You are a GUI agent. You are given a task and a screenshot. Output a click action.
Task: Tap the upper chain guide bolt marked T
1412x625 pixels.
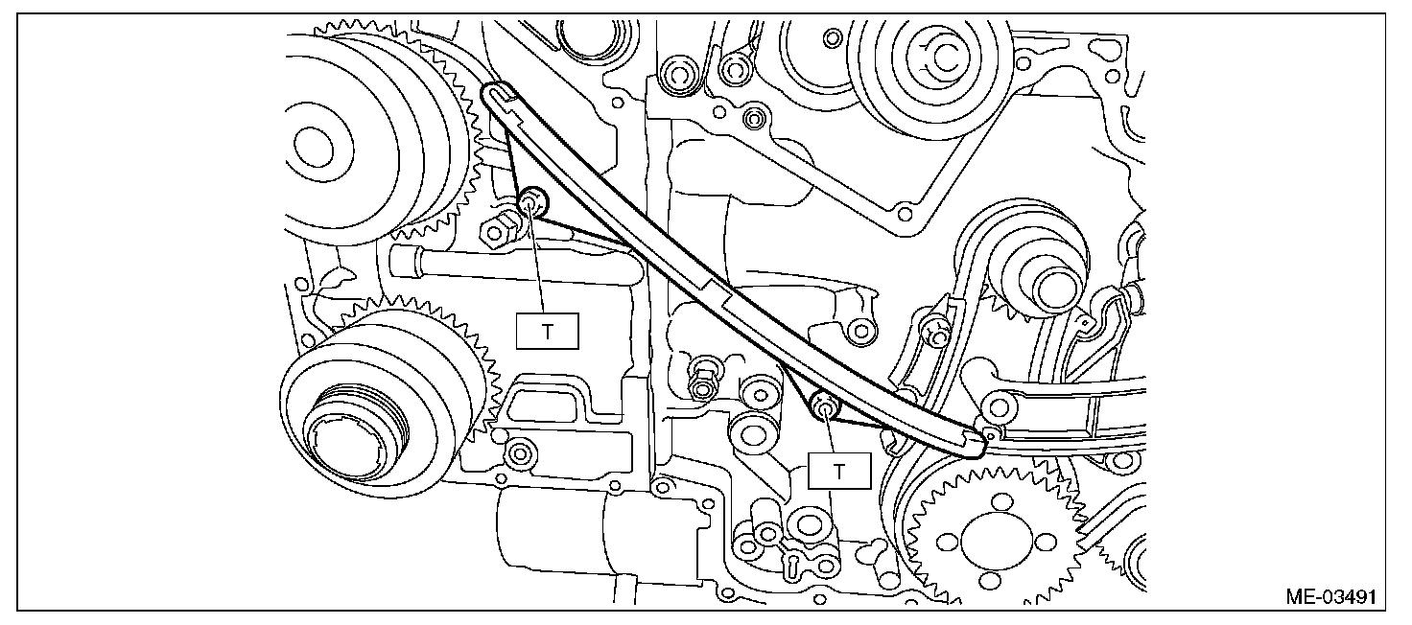(530, 202)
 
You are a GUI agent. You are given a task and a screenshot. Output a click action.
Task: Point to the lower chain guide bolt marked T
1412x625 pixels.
(823, 406)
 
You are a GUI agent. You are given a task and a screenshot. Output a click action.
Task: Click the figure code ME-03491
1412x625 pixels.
(1331, 597)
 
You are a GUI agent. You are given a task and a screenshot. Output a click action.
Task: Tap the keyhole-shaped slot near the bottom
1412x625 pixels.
(792, 564)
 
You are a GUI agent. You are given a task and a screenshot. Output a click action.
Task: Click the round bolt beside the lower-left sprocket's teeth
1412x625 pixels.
(521, 450)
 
